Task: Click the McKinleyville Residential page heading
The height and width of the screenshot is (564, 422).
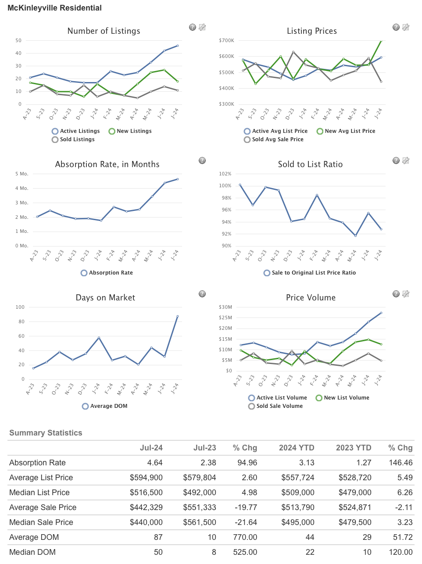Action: [x=54, y=8]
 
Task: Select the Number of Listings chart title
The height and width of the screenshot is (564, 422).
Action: [x=104, y=31]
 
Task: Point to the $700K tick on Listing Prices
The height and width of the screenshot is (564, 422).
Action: [x=226, y=40]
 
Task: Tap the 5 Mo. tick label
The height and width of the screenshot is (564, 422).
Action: [x=22, y=174]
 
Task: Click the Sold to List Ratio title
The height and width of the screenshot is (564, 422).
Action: [x=310, y=164]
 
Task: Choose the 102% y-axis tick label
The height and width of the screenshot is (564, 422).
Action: [x=225, y=174]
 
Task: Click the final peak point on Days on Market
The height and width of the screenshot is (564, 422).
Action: [x=178, y=316]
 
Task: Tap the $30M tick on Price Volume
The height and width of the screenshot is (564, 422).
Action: [x=225, y=307]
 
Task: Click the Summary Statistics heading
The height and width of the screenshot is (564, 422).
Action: [x=46, y=433]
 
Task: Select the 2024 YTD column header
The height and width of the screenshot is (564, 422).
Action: [x=297, y=448]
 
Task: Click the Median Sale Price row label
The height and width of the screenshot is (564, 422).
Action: [x=41, y=522]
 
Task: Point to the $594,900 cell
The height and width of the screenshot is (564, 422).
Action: [x=146, y=478]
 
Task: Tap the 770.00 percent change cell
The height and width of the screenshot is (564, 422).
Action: [x=245, y=537]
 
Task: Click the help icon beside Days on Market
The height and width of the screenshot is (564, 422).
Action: [x=202, y=294]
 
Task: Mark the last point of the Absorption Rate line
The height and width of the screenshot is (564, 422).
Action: [x=178, y=179]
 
